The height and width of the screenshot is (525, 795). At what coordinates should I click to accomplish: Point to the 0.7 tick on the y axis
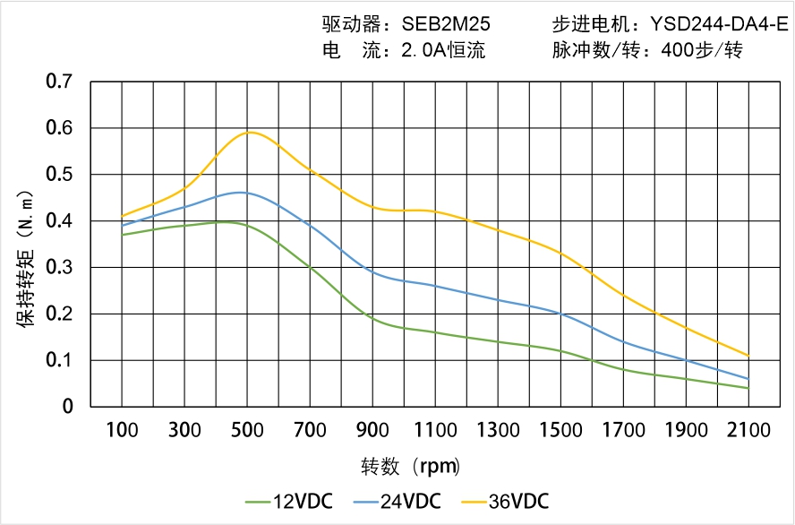59,82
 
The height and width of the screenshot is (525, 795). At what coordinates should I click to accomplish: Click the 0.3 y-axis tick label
59,267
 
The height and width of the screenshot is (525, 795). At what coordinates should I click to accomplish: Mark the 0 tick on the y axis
67,407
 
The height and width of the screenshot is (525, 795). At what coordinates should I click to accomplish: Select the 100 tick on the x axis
122,430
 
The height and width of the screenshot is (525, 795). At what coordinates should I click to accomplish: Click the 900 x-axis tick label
372,430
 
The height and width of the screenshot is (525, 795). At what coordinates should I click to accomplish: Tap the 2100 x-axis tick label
748,430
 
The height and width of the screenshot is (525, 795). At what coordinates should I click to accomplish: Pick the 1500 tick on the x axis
560,430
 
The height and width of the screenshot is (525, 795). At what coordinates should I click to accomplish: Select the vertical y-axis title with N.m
26,257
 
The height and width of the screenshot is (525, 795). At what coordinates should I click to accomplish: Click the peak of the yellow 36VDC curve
251,133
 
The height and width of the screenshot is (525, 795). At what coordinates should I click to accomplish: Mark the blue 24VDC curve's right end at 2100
748,379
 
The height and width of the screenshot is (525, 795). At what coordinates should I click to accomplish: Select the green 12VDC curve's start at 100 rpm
122,235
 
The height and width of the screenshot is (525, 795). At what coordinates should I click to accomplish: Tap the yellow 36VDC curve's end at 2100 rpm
748,356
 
